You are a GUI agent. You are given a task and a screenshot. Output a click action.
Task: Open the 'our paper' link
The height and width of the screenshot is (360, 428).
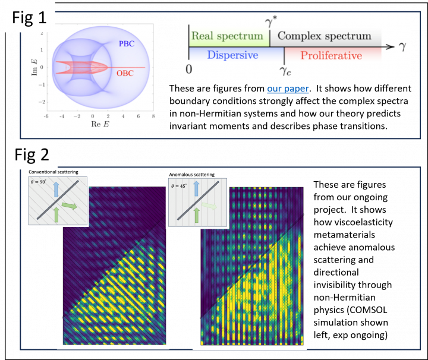(288, 89)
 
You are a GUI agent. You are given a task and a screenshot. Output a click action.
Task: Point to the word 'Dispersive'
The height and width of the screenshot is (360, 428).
(232, 55)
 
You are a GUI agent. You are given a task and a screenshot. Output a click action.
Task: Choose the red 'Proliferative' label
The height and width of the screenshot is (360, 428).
(331, 56)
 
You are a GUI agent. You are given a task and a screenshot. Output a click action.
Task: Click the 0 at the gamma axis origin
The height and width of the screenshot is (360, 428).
(188, 68)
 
